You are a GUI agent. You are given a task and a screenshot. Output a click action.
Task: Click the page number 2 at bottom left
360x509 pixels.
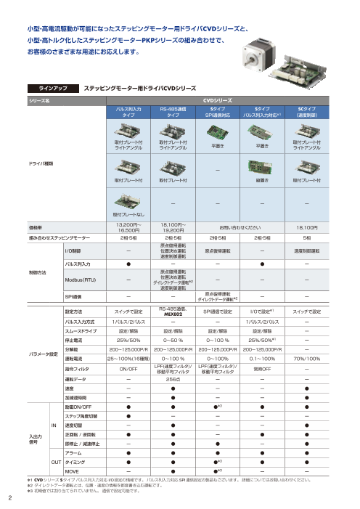[10, 497]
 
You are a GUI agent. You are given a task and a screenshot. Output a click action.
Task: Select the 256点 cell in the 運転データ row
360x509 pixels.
[173, 378]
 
